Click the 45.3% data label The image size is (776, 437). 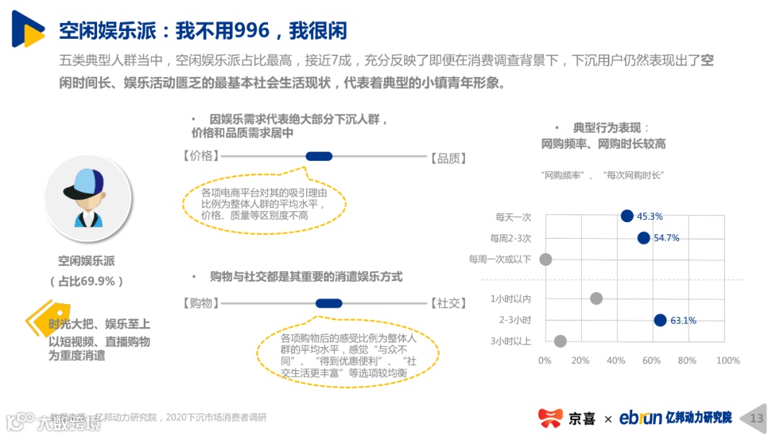tap(650, 216)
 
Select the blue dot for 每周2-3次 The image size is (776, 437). tap(643, 238)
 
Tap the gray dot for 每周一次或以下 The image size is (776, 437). tap(545, 259)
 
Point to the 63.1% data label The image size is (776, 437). tap(683, 321)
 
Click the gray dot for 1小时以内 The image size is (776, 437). tap(596, 298)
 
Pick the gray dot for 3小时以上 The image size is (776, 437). tap(560, 341)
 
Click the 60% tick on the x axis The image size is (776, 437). tap(651, 360)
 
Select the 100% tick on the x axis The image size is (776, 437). tap(728, 360)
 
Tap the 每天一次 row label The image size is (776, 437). tap(513, 216)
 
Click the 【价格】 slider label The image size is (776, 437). tap(198, 156)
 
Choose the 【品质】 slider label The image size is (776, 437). tap(448, 157)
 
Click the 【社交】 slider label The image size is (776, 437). tap(448, 303)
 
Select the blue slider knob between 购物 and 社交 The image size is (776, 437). tap(329, 303)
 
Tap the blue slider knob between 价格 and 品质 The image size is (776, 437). tap(319, 156)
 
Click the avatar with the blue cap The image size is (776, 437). tap(88, 198)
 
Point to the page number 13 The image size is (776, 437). tap(757, 418)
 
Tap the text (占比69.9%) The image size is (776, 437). tap(86, 281)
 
